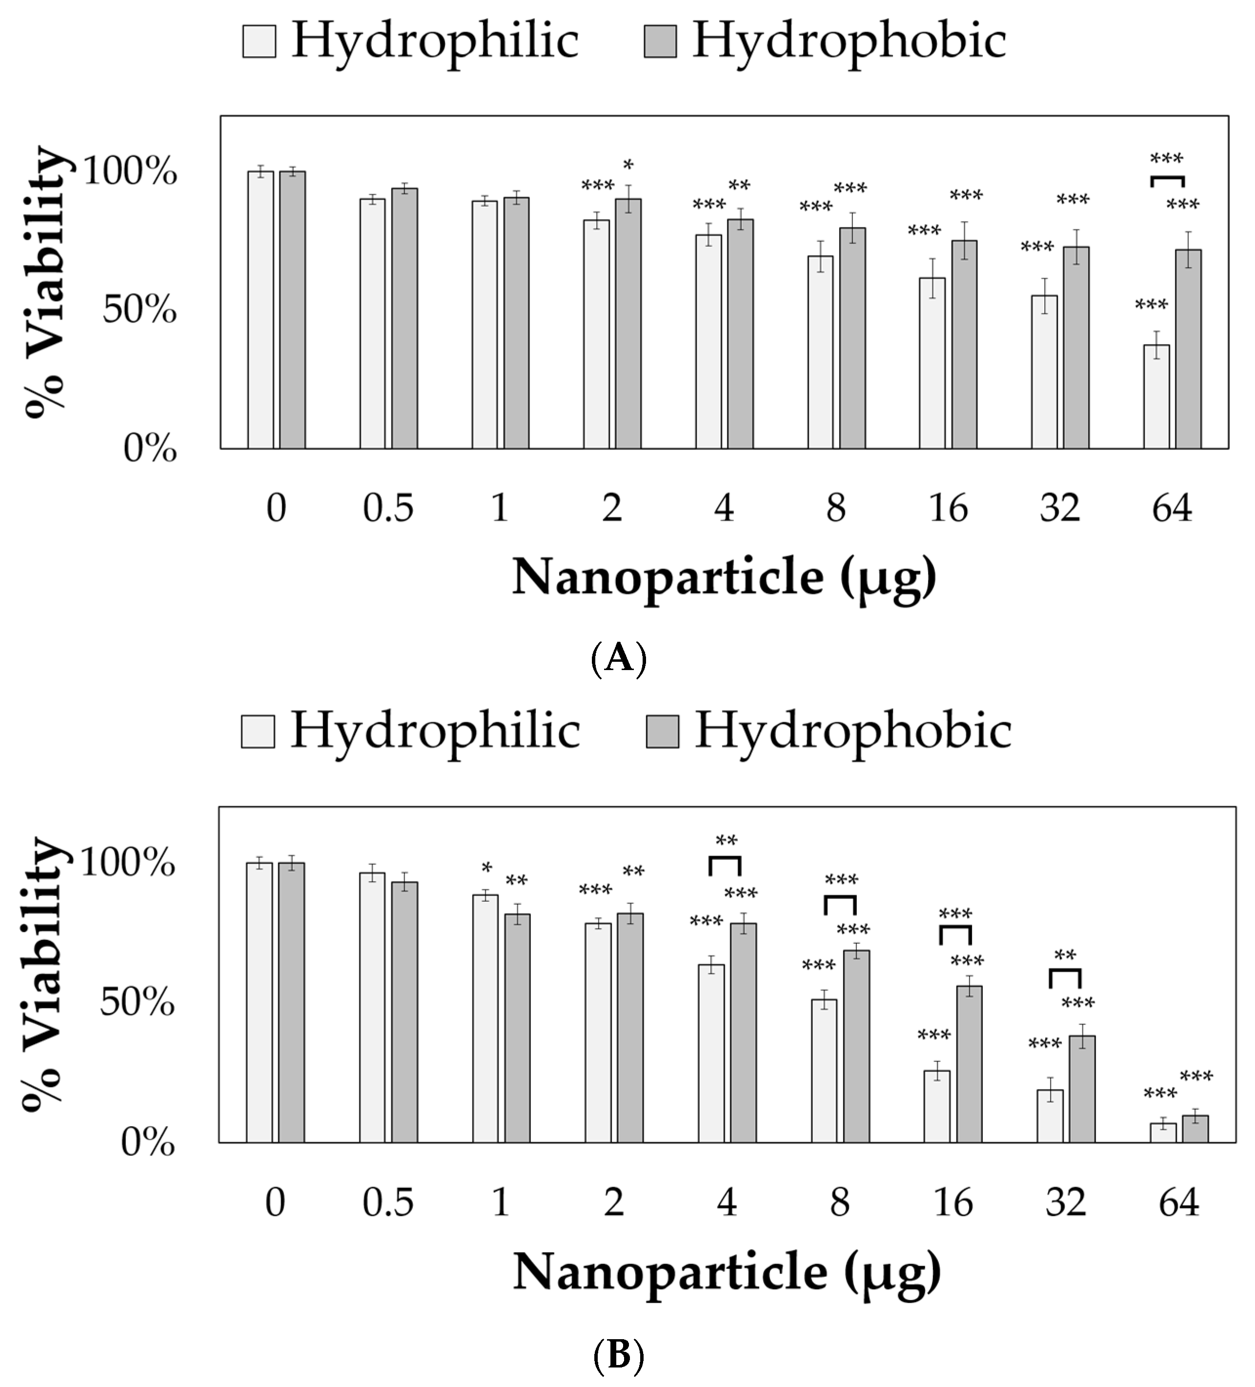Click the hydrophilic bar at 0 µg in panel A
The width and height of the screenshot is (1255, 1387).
pos(261,309)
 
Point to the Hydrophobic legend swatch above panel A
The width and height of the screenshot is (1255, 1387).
pos(660,41)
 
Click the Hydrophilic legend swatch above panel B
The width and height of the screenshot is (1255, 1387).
pos(258,732)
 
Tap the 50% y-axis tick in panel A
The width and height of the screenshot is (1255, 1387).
pos(140,310)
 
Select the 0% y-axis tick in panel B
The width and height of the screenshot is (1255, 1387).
pos(148,1143)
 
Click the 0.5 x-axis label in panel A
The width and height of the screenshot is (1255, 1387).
pos(388,509)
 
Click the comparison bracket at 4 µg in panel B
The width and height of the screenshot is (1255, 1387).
pos(725,865)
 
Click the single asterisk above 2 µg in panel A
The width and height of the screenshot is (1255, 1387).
pos(628,165)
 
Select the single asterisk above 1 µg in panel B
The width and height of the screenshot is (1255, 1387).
pos(487,868)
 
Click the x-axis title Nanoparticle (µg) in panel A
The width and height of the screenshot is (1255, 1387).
pos(724,577)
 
